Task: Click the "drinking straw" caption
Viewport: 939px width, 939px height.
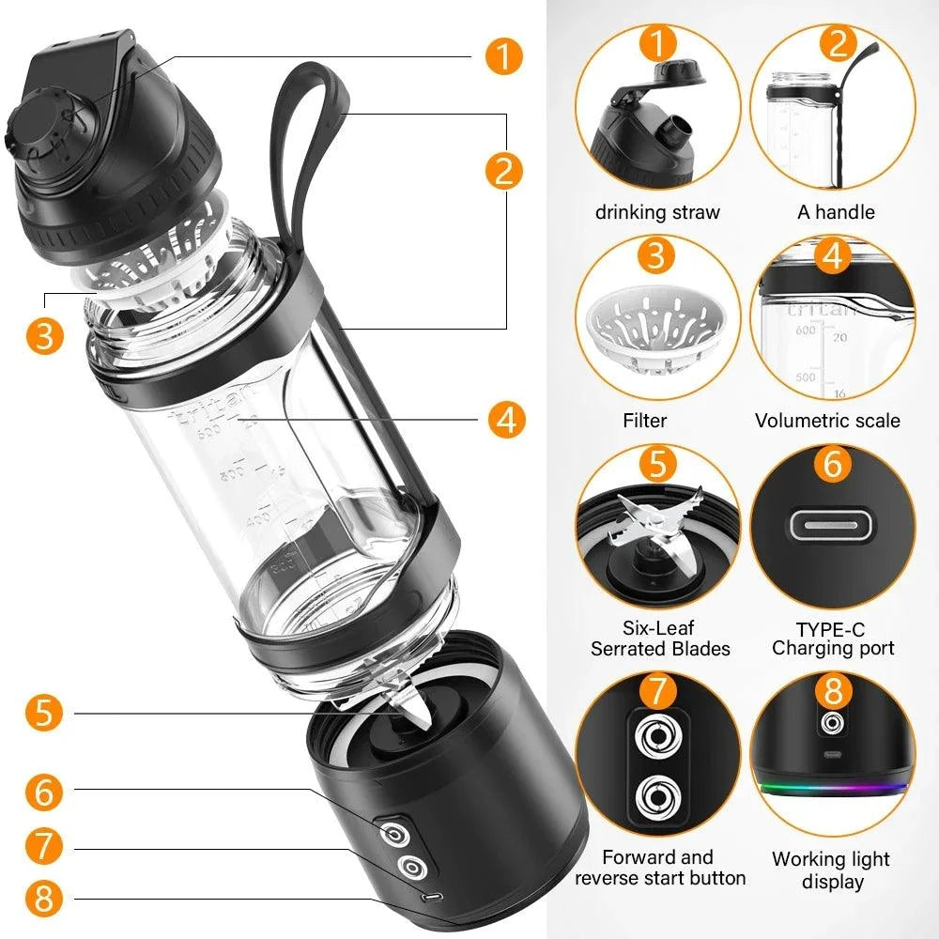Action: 657,212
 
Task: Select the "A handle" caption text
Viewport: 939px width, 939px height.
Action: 835,212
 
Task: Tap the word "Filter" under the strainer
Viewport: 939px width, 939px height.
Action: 644,420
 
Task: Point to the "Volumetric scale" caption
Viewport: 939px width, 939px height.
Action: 827,420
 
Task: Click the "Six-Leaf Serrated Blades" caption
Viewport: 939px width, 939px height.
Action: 659,638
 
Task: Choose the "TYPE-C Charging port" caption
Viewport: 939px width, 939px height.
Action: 833,638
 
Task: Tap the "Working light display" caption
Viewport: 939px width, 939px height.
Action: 830,870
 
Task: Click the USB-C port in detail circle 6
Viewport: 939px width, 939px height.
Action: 833,524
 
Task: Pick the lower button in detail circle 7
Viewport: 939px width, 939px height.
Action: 657,799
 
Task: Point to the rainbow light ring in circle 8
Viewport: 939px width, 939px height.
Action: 832,787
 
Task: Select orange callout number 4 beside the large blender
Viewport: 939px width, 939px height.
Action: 506,420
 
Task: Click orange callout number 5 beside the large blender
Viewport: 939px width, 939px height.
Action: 44,713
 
